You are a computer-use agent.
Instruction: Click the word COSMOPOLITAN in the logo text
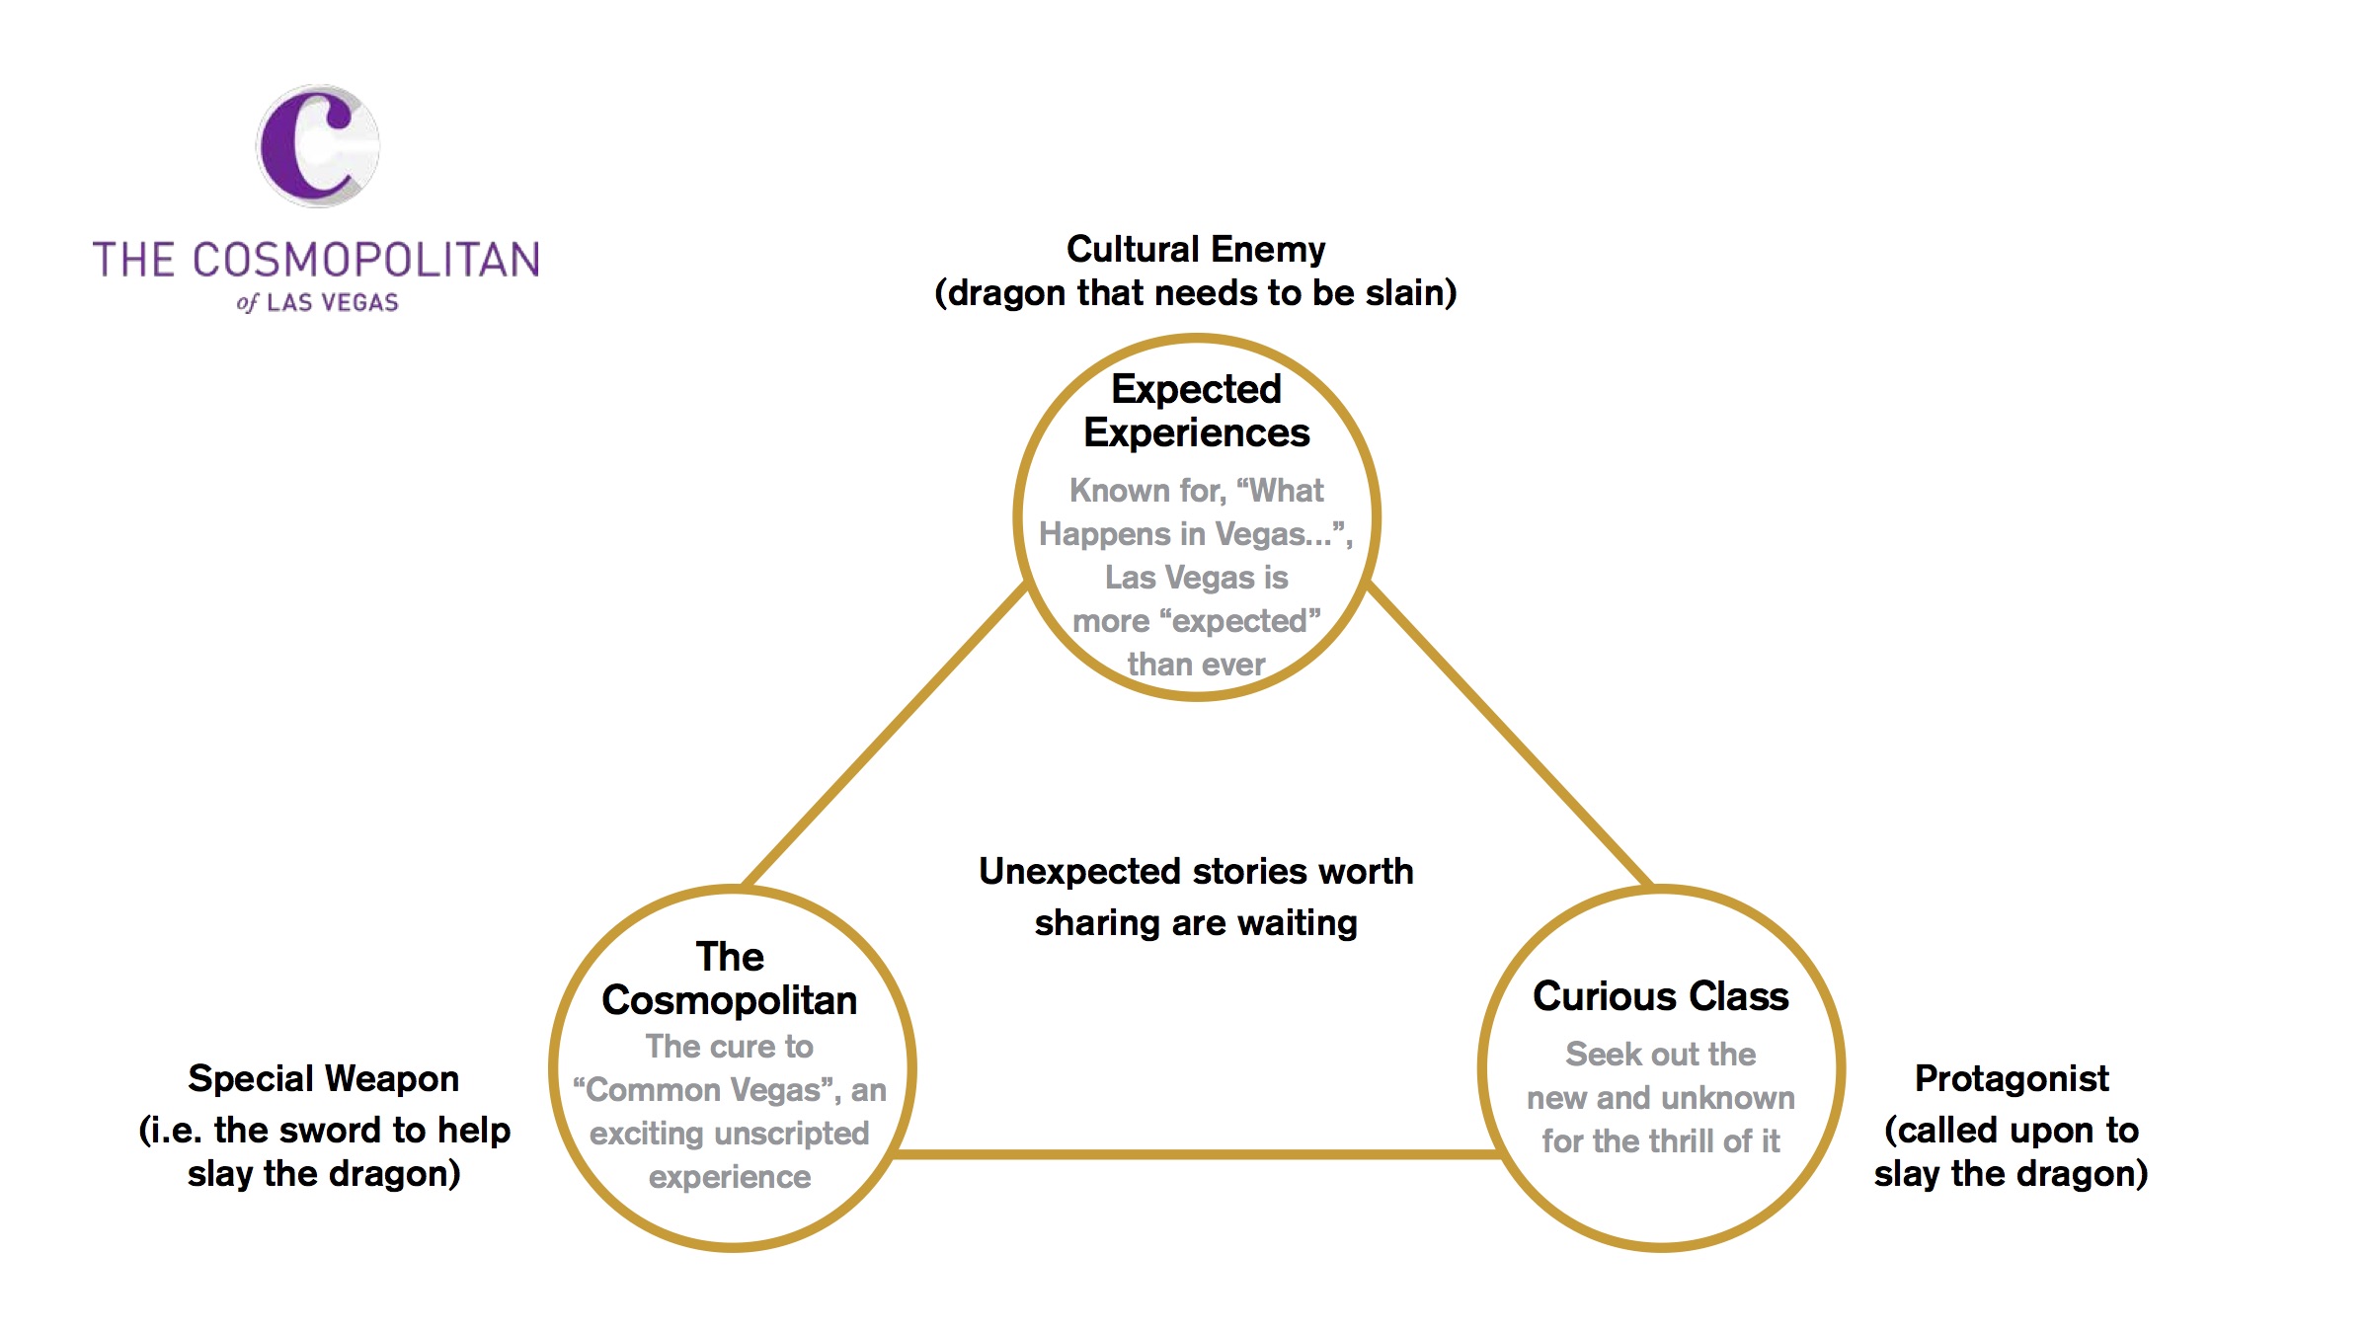[366, 261]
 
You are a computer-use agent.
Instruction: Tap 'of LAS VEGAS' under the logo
[318, 302]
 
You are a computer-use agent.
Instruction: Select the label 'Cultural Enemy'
[1195, 249]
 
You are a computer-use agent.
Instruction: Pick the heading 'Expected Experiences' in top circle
[1196, 411]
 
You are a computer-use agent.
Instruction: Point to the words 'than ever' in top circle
[1196, 664]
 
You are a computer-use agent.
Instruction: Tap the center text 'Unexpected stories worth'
[1195, 871]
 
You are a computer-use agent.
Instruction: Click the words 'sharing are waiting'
[1195, 922]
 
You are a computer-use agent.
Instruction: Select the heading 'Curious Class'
[1660, 995]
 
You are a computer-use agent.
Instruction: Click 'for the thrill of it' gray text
[1660, 1140]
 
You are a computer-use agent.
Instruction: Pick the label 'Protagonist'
[2011, 1078]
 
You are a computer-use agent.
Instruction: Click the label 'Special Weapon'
[323, 1078]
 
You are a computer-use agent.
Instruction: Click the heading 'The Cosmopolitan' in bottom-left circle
[729, 979]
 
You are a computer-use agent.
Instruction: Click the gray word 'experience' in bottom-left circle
[729, 1176]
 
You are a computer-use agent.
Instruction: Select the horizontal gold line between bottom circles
[1195, 1153]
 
